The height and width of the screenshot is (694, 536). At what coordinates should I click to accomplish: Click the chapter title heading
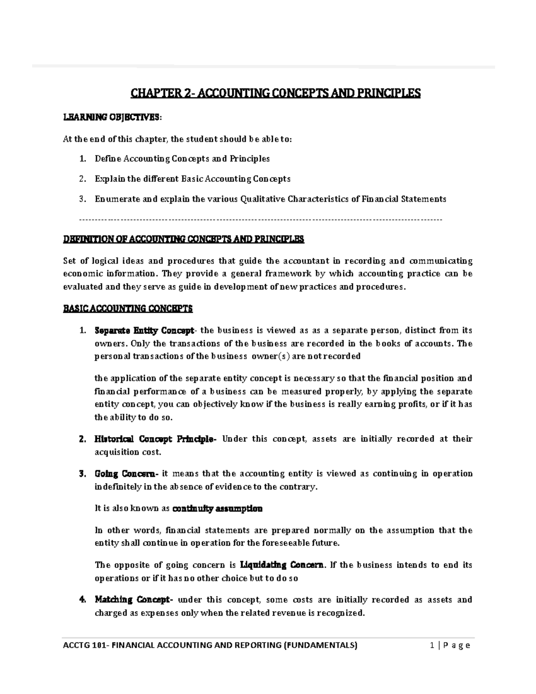(275, 93)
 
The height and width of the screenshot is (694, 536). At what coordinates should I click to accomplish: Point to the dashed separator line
(260, 220)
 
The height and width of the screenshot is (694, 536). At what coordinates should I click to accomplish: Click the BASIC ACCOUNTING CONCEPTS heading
(128, 309)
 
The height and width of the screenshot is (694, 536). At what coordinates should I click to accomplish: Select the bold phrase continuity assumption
(217, 509)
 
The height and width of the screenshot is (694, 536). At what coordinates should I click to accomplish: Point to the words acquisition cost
(127, 452)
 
